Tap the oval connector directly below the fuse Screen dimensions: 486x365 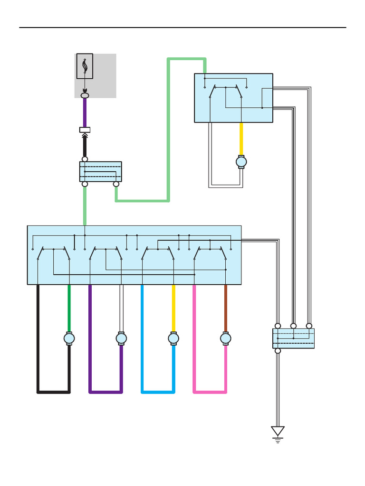point(85,96)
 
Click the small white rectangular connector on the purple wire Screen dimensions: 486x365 point(85,130)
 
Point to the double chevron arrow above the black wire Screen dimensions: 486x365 point(85,136)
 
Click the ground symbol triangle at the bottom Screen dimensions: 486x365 point(278,431)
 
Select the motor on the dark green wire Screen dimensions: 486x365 point(69,338)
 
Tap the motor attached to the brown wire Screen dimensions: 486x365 point(226,338)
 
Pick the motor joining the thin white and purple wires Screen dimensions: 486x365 point(121,338)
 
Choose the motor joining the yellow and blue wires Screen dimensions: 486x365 point(173,338)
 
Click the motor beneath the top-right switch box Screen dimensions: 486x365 point(241,162)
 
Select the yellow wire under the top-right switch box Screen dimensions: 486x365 point(241,139)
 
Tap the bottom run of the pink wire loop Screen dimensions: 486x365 point(210,392)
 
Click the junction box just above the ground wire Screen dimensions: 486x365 point(293,338)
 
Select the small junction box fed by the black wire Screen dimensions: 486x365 point(100,171)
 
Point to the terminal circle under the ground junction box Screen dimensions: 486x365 point(278,351)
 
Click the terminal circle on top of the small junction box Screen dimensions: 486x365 point(85,159)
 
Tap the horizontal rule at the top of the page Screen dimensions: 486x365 point(182,28)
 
